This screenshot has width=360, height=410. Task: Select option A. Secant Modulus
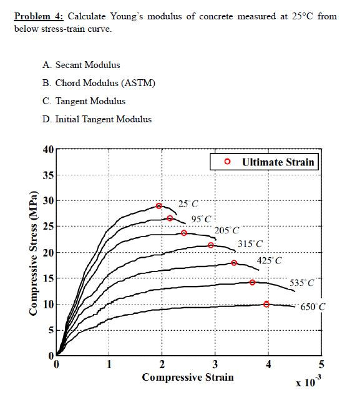[x=81, y=65]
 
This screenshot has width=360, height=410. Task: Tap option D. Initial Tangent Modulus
[x=97, y=119]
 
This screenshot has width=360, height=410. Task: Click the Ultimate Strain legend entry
[x=271, y=162]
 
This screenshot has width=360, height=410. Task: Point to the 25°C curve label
[x=188, y=203]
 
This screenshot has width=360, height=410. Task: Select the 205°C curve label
[x=226, y=231]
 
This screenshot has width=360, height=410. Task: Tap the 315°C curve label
[x=250, y=243]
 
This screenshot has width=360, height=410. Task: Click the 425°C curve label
[x=270, y=260]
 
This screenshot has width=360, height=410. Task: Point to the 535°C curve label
[x=303, y=283]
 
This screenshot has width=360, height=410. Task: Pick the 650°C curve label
[x=313, y=307]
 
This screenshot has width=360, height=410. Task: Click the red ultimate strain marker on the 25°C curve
[x=159, y=206]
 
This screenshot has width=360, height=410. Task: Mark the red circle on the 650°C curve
[x=266, y=305]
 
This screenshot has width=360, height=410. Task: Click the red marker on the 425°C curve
[x=234, y=263]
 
